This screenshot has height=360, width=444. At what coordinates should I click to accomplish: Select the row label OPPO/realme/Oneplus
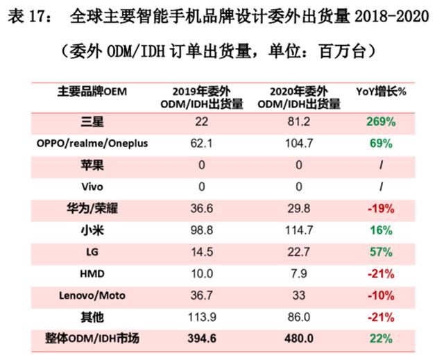point(92,144)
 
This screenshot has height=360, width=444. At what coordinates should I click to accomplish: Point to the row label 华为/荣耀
point(92,208)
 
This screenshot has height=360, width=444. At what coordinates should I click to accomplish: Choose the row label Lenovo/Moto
point(92,295)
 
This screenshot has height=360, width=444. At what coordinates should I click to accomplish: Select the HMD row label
point(92,274)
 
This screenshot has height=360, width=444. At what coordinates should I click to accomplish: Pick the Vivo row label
point(92,187)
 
